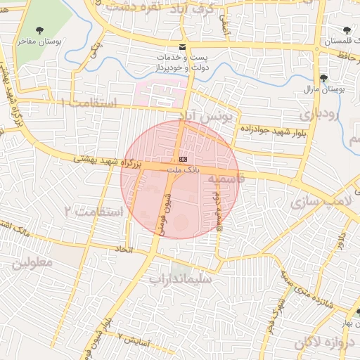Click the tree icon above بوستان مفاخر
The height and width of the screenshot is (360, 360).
tap(37, 30)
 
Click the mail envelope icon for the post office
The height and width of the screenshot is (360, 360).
tap(183, 47)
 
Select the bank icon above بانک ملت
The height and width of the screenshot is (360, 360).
tap(183, 160)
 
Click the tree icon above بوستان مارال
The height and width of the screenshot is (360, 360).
tap(323, 78)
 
